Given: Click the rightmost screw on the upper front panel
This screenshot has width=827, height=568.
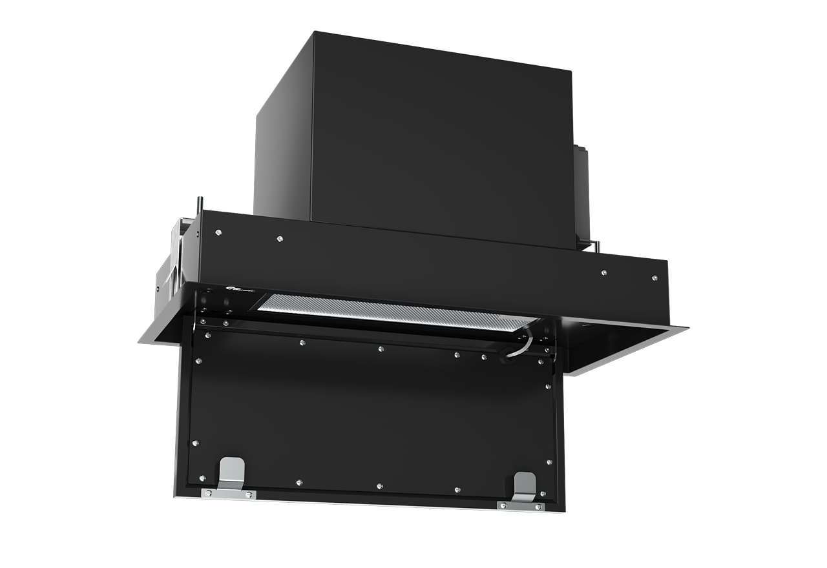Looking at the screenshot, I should pos(654,278).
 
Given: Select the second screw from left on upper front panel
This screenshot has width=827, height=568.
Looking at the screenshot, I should pos(279,239).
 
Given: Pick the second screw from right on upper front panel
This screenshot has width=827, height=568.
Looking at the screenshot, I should pos(603,272).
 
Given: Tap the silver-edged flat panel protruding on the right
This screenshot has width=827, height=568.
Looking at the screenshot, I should pos(620,349).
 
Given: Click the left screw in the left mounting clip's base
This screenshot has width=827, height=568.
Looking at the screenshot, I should pos(208,494).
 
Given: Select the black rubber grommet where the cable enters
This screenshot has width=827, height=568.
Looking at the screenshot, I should pos(510,354).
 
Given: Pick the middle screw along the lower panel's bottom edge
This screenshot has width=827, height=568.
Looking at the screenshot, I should pos(379,485).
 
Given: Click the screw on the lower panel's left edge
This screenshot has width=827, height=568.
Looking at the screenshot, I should pos(196,443).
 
